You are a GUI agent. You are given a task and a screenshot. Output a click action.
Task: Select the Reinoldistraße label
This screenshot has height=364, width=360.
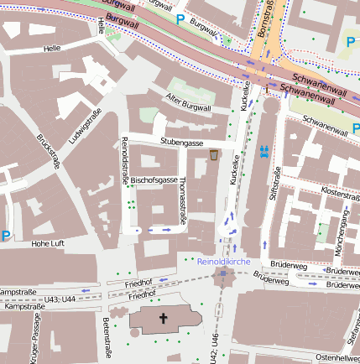(125, 159)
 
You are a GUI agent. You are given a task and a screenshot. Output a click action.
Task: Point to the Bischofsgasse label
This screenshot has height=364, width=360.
(154, 180)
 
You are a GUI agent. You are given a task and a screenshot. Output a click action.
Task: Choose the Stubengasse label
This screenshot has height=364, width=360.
(182, 143)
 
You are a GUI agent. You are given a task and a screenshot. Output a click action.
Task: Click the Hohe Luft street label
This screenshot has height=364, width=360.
(47, 243)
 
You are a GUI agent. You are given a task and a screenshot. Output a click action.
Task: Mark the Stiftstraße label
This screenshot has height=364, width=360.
(274, 184)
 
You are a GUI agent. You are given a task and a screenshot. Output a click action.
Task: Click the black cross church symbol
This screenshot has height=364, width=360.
(164, 319)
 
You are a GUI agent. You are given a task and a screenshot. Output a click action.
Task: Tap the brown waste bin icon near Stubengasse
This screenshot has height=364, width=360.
(215, 155)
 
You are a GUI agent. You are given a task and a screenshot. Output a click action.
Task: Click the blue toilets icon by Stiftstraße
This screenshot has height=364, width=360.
(265, 150)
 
